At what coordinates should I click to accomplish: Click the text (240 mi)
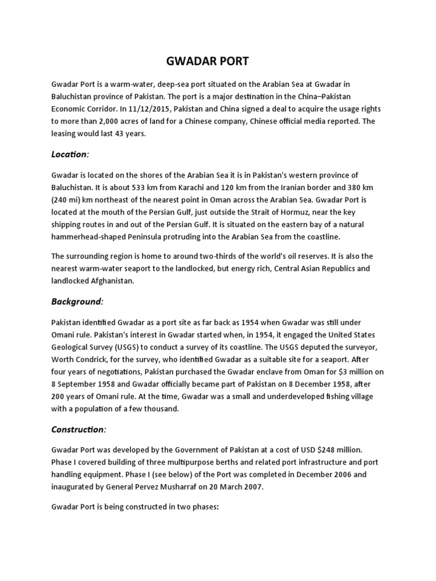[x=66, y=199]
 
